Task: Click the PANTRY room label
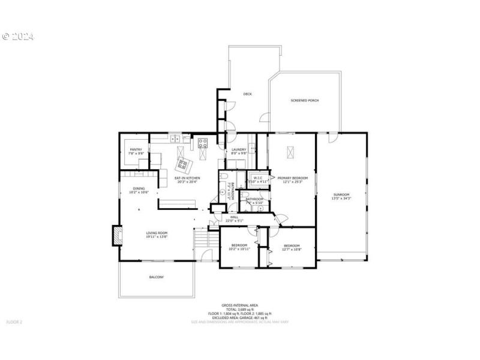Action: tap(136, 149)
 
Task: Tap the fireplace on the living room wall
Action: tap(115, 235)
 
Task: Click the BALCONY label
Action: tap(156, 277)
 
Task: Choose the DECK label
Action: tap(247, 94)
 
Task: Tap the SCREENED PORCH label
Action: tap(304, 100)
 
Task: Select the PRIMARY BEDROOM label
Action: tap(292, 178)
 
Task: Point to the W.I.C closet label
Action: tap(258, 178)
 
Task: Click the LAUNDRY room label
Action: tap(239, 149)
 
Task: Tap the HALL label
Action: tap(234, 217)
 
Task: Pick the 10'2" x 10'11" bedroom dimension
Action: tap(239, 249)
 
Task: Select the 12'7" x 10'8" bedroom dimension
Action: tap(292, 249)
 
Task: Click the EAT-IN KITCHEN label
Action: tap(187, 178)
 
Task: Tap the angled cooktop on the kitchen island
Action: tap(182, 163)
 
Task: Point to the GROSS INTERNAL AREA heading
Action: tap(239, 305)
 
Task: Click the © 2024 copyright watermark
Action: tap(18, 37)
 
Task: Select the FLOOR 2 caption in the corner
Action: tap(14, 322)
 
